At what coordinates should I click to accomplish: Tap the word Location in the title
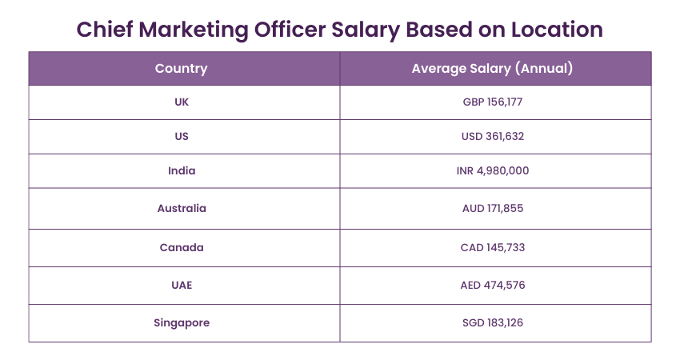tap(552, 30)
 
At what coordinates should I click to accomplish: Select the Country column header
tap(181, 69)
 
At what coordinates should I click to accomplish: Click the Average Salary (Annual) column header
tap(492, 69)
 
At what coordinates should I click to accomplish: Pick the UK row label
tap(182, 102)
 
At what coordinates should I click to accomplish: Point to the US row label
tap(182, 136)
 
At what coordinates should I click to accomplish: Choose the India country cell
tap(182, 170)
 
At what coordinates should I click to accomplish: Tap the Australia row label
tap(182, 208)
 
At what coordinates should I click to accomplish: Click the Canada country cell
tap(182, 247)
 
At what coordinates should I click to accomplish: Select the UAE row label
tap(182, 285)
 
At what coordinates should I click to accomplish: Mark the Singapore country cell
tap(182, 322)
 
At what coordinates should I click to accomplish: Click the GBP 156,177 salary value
tap(493, 102)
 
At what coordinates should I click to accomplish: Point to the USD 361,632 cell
tap(493, 136)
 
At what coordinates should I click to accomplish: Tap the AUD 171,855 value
tap(493, 208)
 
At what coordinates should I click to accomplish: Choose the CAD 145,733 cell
tap(493, 247)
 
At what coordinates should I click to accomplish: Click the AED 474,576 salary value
tap(493, 285)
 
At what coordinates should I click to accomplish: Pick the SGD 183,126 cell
tap(493, 322)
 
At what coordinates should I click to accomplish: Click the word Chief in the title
tap(105, 30)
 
